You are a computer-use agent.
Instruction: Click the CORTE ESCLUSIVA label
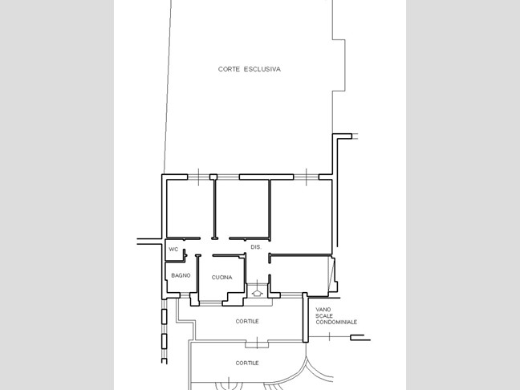(x=250, y=69)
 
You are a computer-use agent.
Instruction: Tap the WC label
(x=173, y=250)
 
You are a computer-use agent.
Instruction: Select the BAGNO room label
(x=181, y=275)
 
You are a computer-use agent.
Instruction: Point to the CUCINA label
(x=221, y=278)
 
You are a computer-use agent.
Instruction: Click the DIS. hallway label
(x=256, y=247)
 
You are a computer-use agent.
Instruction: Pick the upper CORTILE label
(x=247, y=321)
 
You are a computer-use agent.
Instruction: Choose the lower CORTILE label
(x=247, y=364)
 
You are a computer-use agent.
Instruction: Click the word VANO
(x=323, y=310)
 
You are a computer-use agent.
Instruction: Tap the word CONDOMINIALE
(x=336, y=323)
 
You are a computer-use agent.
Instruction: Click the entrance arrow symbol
(x=257, y=293)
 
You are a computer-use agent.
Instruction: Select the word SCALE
(x=324, y=316)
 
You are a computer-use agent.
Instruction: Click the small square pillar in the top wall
(x=213, y=177)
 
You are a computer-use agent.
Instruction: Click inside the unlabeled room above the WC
(x=189, y=209)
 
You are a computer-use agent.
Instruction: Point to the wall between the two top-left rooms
(x=215, y=209)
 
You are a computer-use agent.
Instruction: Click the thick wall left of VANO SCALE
(x=306, y=317)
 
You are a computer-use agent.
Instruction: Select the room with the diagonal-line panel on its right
(x=299, y=274)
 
